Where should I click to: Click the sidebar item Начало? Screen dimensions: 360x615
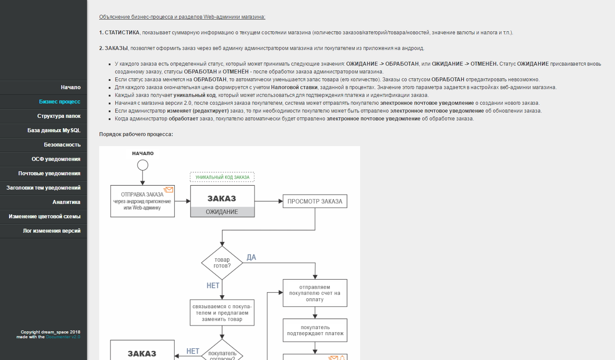(70, 87)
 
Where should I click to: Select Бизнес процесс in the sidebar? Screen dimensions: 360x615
(60, 102)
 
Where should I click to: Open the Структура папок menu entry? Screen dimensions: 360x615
(59, 116)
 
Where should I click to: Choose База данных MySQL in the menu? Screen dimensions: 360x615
(54, 130)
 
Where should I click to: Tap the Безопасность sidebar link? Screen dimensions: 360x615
(62, 145)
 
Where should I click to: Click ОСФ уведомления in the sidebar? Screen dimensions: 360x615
(56, 159)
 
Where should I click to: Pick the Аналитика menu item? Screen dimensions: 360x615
(67, 202)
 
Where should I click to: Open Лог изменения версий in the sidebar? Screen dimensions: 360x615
(52, 231)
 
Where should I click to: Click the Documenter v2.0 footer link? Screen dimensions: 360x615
(63, 337)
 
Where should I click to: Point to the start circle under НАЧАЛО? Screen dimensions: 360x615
(143, 165)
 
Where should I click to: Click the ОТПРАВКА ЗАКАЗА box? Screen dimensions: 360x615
(142, 201)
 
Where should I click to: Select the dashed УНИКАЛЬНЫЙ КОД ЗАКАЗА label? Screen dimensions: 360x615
(222, 177)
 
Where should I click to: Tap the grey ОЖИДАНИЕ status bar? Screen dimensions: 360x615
(222, 212)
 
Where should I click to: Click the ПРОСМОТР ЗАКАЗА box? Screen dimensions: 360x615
(315, 201)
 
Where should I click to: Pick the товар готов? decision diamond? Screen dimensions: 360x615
(222, 263)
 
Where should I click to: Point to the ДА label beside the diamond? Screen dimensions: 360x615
(251, 257)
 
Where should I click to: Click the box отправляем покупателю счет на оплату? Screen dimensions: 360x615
(315, 293)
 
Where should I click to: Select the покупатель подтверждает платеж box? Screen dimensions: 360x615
(315, 330)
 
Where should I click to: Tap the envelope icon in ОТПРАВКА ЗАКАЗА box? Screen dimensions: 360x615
(168, 190)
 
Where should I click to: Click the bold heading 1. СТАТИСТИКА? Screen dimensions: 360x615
(119, 33)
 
